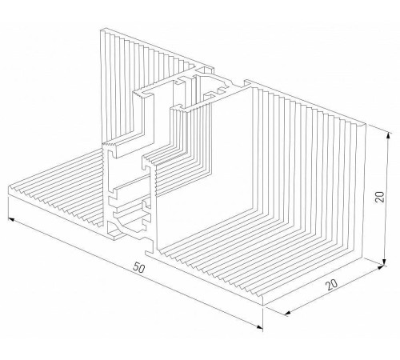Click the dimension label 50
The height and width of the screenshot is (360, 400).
(139, 268)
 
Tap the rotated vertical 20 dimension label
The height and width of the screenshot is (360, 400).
(379, 197)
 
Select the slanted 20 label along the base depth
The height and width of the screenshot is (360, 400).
(332, 285)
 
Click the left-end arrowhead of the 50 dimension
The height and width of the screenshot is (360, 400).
(11, 219)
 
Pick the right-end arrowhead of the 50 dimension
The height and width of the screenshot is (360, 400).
(259, 327)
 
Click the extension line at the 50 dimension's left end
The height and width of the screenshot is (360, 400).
(8, 209)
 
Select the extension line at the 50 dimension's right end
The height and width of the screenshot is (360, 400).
(262, 318)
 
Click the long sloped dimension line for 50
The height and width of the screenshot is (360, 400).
(135, 273)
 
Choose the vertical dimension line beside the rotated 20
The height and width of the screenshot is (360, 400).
(386, 199)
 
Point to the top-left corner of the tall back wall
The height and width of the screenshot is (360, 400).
(101, 30)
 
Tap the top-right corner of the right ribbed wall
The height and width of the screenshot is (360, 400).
(364, 124)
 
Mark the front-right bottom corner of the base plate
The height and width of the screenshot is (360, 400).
(263, 306)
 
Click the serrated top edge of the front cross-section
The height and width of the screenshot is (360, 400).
(110, 144)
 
